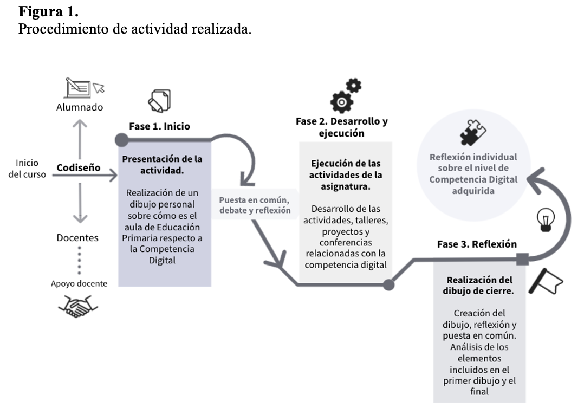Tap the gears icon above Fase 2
click(345, 95)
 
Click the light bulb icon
click(545, 219)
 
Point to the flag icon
click(546, 282)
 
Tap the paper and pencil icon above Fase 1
click(159, 101)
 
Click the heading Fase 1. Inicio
click(159, 126)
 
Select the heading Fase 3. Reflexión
click(477, 244)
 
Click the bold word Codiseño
click(79, 167)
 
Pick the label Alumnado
click(80, 107)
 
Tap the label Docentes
click(77, 237)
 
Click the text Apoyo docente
click(79, 283)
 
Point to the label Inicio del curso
click(27, 169)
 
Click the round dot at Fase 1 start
click(122, 140)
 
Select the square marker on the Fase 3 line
click(522, 259)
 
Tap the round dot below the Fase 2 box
click(388, 284)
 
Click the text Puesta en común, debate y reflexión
click(255, 205)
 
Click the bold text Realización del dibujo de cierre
click(480, 286)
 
